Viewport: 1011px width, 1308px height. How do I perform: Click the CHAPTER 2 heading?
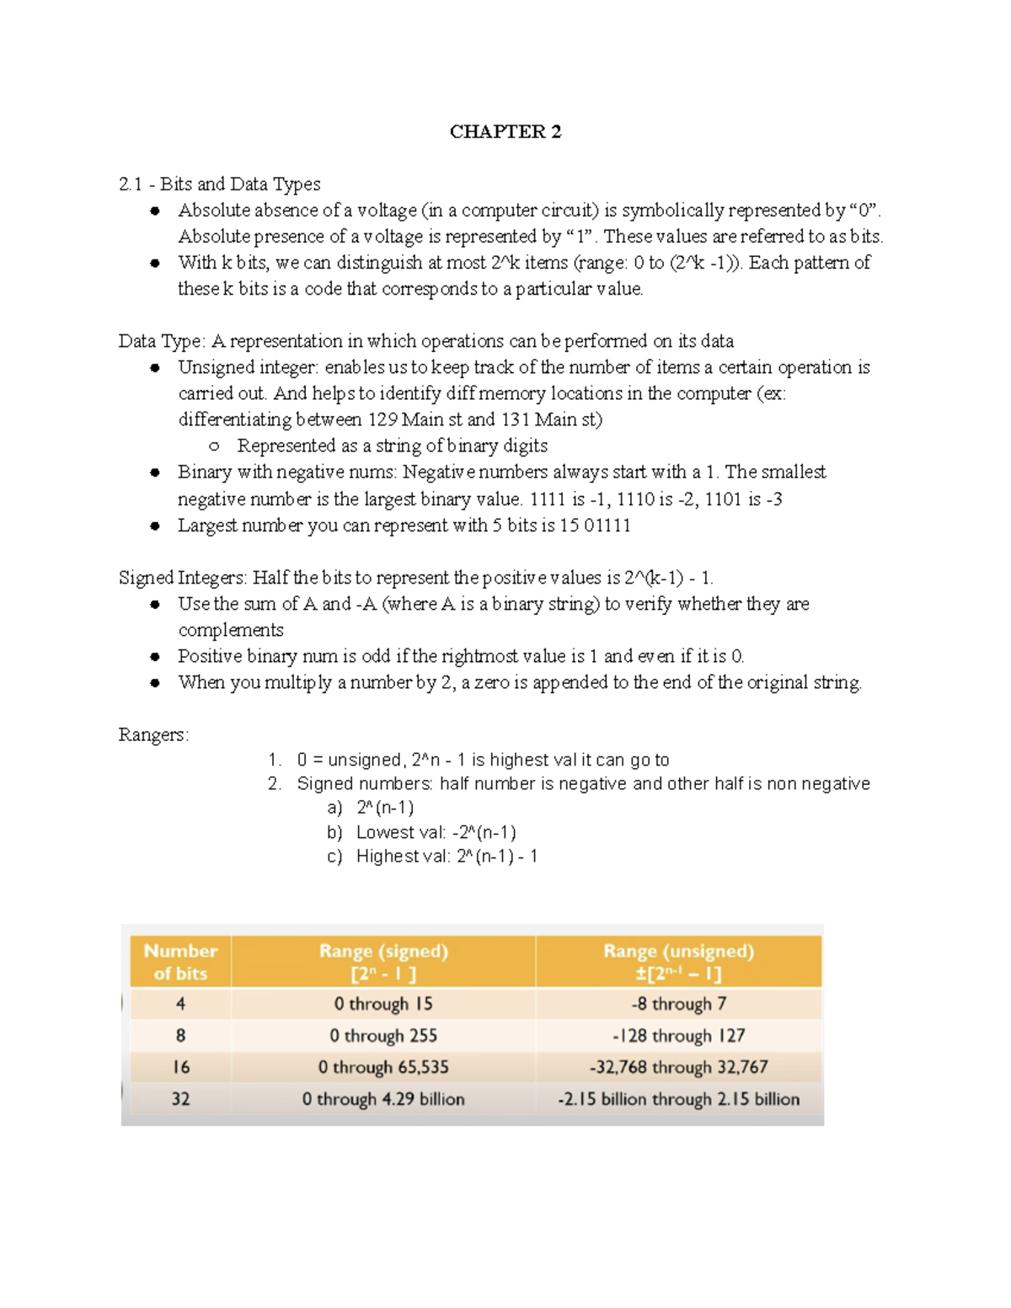click(505, 131)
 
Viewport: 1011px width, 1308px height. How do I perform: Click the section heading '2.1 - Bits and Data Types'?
click(219, 184)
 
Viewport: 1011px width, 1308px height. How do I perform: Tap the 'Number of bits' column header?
click(180, 962)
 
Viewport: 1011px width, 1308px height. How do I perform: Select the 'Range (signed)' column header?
click(383, 962)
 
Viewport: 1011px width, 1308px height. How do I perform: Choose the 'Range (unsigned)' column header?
click(678, 962)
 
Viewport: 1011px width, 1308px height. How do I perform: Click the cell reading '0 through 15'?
click(383, 1004)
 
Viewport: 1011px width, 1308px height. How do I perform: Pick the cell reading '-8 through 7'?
click(678, 1004)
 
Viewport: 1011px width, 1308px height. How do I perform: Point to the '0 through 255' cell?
click(383, 1036)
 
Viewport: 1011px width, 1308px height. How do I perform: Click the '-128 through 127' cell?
click(678, 1036)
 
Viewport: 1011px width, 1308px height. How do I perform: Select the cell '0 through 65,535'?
click(383, 1067)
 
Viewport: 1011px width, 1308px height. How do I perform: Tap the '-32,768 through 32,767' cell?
click(678, 1067)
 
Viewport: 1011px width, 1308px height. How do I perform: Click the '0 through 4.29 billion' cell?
click(383, 1099)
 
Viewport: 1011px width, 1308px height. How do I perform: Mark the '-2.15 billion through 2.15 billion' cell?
click(678, 1099)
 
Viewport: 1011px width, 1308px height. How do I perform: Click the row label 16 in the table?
click(180, 1067)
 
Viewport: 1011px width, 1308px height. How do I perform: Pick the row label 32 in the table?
click(180, 1099)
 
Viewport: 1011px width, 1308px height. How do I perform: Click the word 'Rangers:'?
click(153, 735)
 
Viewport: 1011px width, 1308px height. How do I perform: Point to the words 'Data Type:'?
click(162, 341)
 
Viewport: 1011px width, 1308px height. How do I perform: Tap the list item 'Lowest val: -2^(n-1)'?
click(436, 832)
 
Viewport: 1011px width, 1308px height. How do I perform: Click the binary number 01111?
click(607, 526)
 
